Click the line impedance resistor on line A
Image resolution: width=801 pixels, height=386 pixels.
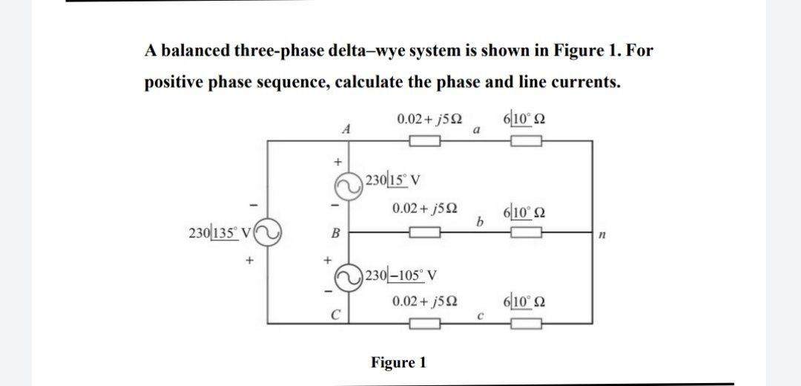point(425,140)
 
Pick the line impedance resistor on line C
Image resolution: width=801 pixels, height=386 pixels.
point(425,324)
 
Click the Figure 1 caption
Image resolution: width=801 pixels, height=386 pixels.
point(398,362)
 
